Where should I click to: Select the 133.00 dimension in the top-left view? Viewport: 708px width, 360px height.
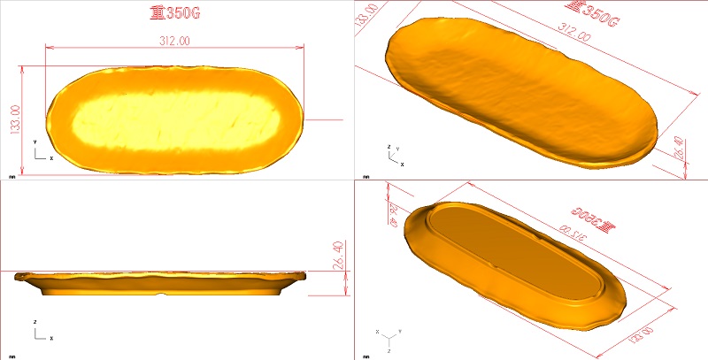(x=15, y=120)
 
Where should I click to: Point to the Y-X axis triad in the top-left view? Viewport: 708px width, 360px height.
(x=40, y=151)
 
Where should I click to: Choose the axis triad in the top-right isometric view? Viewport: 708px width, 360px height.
(x=394, y=156)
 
